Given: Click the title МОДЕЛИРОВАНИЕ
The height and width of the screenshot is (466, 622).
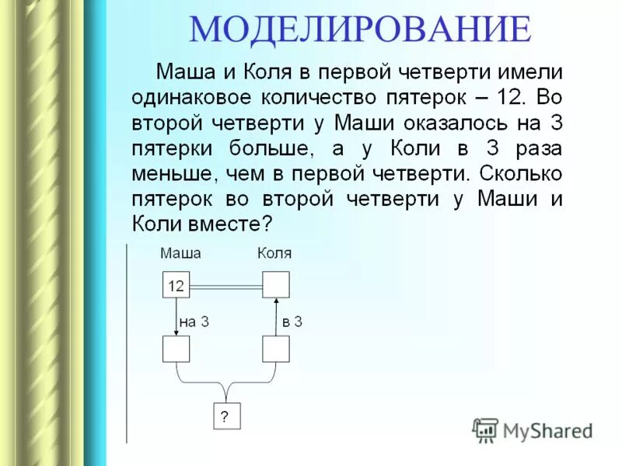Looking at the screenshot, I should [360, 29].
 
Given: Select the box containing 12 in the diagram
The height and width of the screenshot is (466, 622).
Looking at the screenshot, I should [176, 285].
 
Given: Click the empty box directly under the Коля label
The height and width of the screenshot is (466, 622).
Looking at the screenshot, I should [275, 285].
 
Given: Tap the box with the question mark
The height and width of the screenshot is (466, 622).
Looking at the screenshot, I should [226, 416].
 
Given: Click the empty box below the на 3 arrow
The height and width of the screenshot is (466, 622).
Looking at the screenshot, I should [176, 349].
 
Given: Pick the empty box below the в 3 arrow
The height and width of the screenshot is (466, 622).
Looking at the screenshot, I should [275, 349].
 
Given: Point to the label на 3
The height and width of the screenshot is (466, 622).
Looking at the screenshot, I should [194, 322].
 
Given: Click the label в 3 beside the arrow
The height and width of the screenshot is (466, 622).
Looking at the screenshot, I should [292, 322].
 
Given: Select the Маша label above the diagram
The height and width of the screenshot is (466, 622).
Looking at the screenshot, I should [180, 253].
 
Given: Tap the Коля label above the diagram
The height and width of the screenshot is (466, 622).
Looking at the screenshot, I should [274, 253].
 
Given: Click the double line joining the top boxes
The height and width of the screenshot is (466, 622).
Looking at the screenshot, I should [225, 286].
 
